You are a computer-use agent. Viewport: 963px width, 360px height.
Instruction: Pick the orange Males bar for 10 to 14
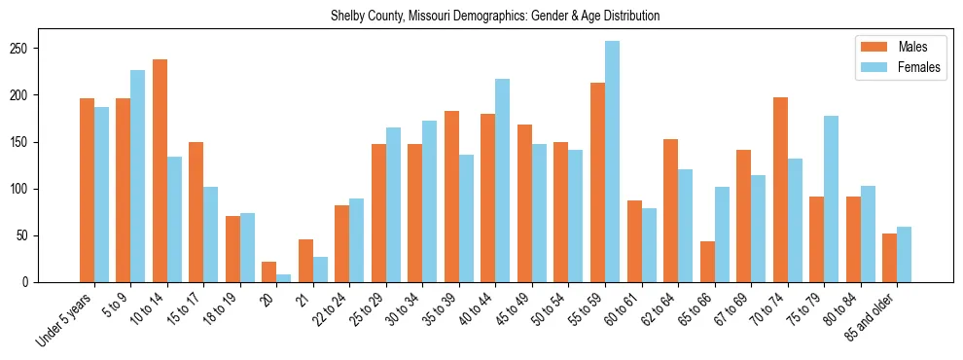(160, 170)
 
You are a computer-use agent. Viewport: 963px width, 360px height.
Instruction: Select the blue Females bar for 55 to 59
(612, 162)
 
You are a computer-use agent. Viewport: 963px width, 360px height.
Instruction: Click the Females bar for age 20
(283, 278)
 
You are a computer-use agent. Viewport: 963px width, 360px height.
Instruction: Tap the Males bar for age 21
(305, 261)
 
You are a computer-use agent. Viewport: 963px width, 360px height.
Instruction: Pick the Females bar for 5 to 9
(137, 176)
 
